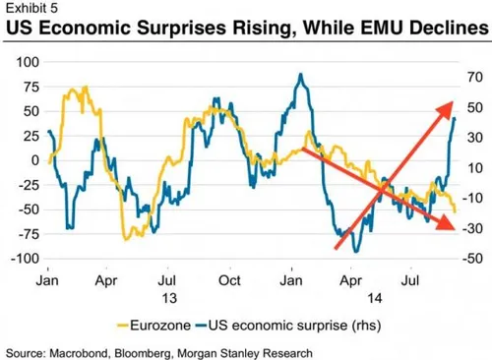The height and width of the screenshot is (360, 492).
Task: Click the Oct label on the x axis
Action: [228, 278]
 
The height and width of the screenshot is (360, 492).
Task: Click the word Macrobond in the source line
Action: [89, 350]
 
